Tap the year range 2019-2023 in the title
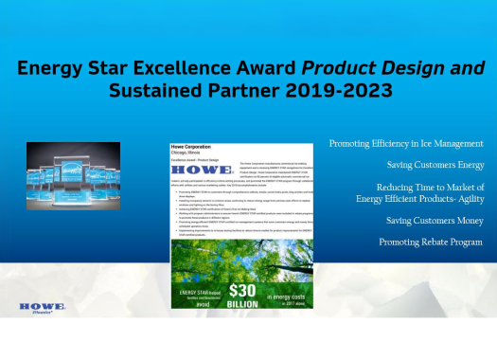pyautogui.click(x=345, y=92)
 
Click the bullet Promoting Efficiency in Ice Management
pyautogui.click(x=406, y=143)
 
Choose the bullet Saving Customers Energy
pyautogui.click(x=435, y=165)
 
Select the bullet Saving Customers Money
pyautogui.click(x=435, y=221)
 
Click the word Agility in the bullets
pyautogui.click(x=465, y=198)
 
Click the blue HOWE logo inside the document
pyautogui.click(x=196, y=175)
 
